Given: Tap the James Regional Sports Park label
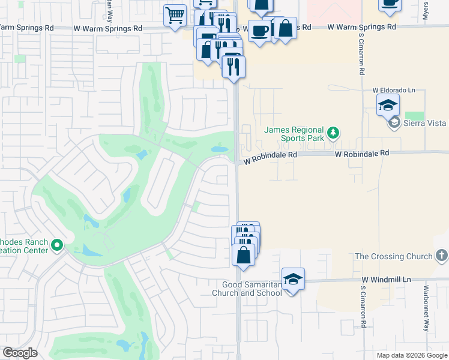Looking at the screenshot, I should click(294, 134).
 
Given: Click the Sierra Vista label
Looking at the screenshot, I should click(424, 124).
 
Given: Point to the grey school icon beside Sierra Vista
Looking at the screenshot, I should click(394, 124).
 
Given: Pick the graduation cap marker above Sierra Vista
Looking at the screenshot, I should click(388, 106).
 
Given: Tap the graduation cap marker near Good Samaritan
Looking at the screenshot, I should click(293, 279).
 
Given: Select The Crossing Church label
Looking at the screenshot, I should click(393, 256).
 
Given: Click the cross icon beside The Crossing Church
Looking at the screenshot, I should click(441, 256).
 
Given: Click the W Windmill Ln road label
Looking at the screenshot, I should click(387, 280).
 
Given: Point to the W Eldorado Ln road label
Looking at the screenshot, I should click(394, 90).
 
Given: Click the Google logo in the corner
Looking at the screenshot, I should click(20, 353).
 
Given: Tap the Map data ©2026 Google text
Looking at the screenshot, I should click(412, 355).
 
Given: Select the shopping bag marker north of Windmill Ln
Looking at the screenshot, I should click(243, 255).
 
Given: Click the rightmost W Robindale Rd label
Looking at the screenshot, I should click(362, 153).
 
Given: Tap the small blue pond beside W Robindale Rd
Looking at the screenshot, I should click(220, 149).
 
